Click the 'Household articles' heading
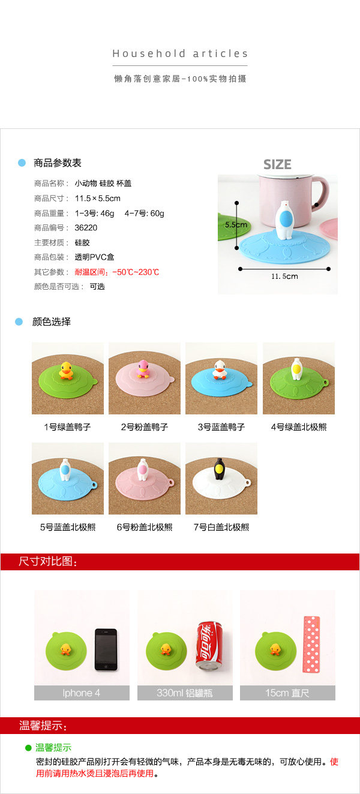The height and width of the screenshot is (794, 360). (180, 53)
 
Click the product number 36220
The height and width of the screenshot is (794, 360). (86, 227)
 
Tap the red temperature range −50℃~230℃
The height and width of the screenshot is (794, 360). (136, 272)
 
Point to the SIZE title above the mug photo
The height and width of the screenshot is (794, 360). (277, 164)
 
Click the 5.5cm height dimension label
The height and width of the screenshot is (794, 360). (236, 224)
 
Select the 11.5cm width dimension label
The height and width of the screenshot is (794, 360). (284, 276)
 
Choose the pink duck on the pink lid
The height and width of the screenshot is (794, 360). (143, 369)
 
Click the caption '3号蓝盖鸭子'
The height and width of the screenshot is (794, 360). (221, 427)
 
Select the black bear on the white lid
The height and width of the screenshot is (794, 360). (219, 468)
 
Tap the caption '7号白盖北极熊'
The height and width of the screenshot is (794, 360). (221, 527)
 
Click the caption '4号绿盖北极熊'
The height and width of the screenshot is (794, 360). (299, 427)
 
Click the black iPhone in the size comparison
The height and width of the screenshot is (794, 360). (106, 649)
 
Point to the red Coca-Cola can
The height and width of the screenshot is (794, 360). (209, 645)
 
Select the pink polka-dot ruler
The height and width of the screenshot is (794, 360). (311, 645)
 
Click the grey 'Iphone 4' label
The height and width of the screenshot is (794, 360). (82, 693)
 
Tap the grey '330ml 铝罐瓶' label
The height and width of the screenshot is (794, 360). (185, 693)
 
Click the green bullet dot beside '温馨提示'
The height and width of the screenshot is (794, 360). (28, 748)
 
